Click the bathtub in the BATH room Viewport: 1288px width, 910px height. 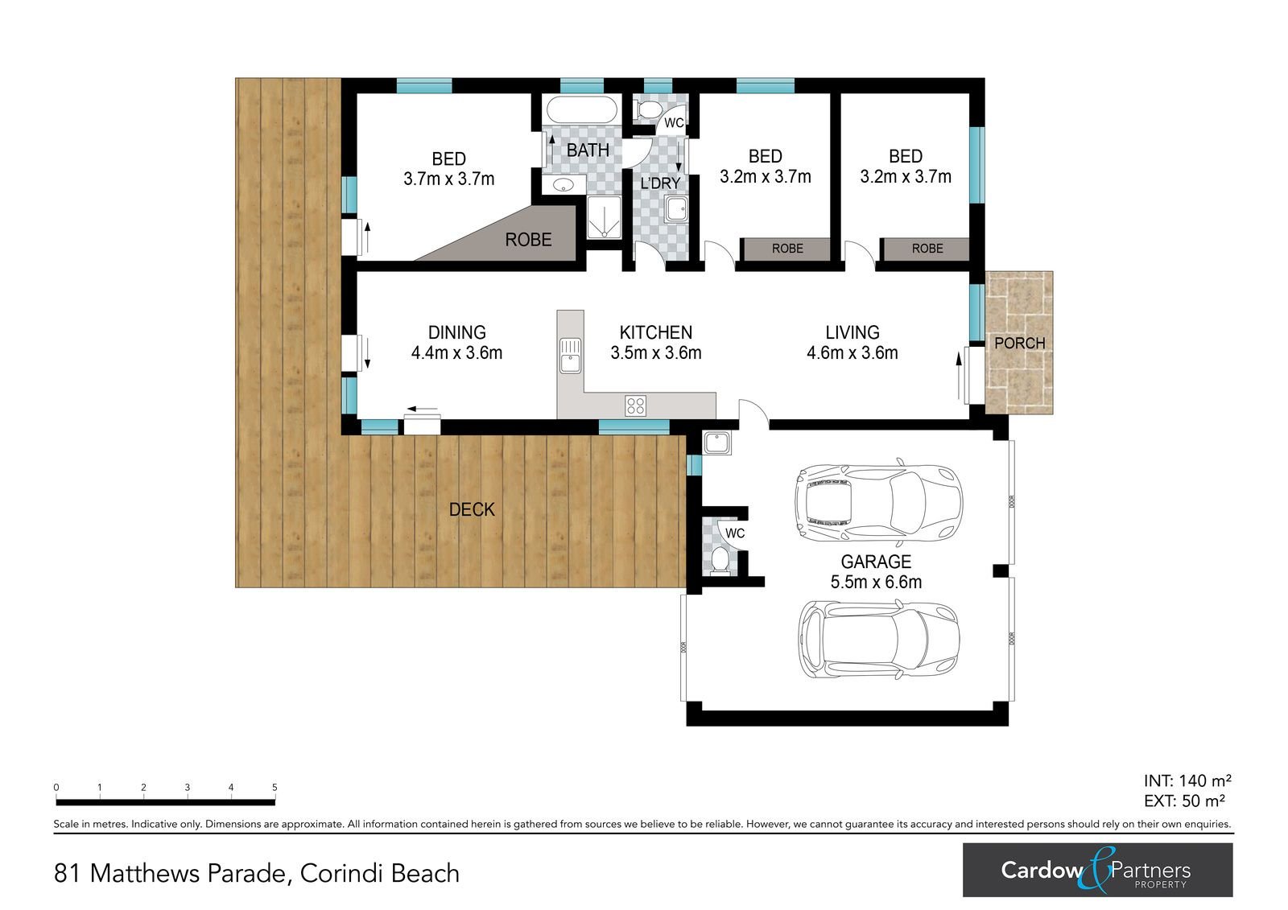[581, 109]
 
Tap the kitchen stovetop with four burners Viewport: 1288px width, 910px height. [635, 406]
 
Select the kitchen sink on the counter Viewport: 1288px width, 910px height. [571, 356]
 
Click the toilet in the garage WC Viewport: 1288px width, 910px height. [720, 561]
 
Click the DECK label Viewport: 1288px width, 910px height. [472, 509]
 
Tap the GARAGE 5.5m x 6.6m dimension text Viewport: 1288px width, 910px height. [876, 583]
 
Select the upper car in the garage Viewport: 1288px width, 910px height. [878, 502]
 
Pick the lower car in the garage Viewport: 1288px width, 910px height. [879, 640]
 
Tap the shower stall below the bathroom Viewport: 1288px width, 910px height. [604, 217]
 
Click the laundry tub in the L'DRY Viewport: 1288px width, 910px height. [675, 209]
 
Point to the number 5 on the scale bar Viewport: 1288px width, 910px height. [275, 788]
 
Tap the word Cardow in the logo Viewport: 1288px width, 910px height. [1042, 871]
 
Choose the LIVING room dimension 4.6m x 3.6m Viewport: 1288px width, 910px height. [852, 352]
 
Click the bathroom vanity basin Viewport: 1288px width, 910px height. [563, 185]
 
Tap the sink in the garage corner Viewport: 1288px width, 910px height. [716, 443]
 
